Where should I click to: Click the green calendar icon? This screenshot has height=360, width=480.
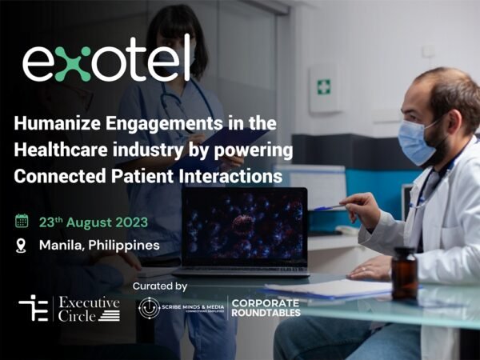[22, 220]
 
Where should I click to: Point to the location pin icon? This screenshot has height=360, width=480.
[22, 245]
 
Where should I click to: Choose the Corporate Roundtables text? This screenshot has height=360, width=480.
[265, 308]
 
